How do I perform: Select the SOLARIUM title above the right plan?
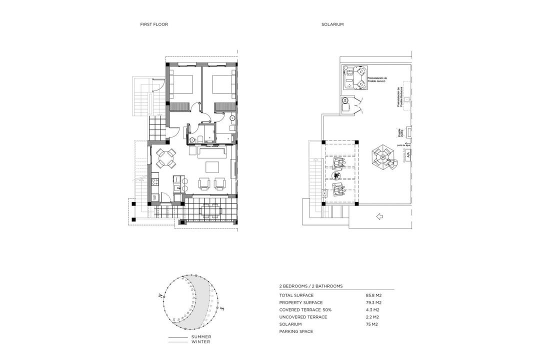[x=332, y=24]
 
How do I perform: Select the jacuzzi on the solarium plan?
[x=355, y=77]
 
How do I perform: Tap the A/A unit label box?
[x=408, y=155]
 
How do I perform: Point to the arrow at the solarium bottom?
[x=378, y=216]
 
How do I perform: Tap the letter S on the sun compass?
[x=222, y=309]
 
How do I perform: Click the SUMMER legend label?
[x=201, y=336]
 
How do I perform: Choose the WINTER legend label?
[x=200, y=342]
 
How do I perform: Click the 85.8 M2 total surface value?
[x=373, y=295]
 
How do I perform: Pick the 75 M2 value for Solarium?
[x=371, y=324]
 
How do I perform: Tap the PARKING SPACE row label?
[x=296, y=331]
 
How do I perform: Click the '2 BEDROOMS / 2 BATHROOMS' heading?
[x=311, y=286]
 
